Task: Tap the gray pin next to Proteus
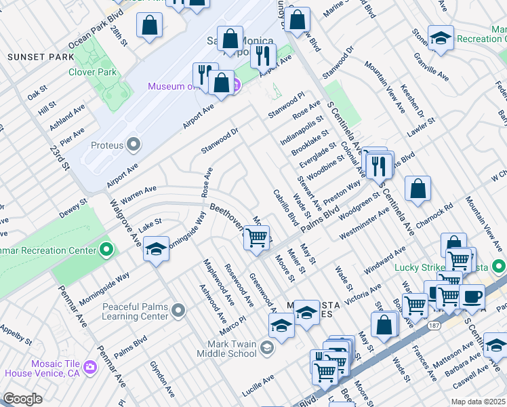[134, 144]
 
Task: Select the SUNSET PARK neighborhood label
[35, 57]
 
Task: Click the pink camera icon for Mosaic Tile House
[91, 367]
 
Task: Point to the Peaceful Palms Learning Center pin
[178, 311]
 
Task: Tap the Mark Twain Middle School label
[226, 349]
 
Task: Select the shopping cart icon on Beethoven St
[256, 238]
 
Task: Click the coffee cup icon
[472, 296]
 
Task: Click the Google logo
[22, 399]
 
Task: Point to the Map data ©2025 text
[479, 402]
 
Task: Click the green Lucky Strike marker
[499, 266]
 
